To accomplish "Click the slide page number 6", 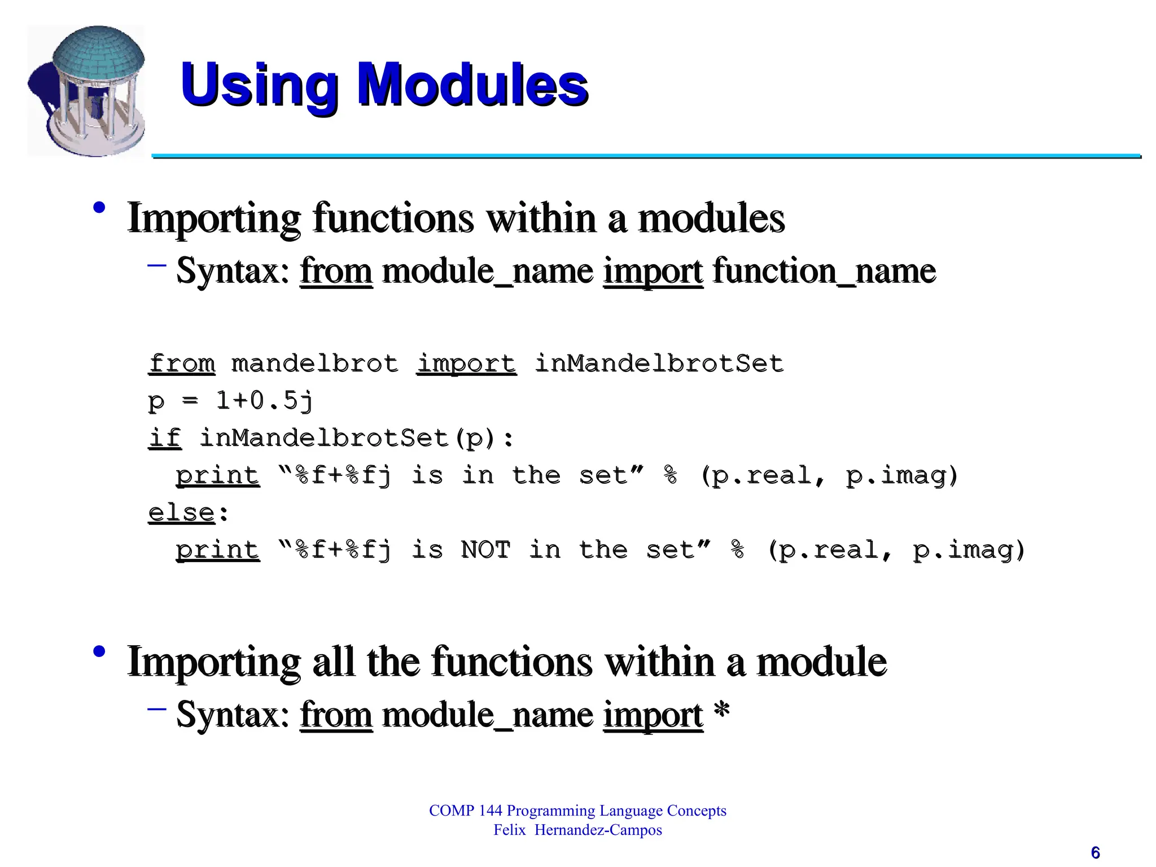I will tap(1095, 852).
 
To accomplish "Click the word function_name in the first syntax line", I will tap(824, 271).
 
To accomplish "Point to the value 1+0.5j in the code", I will tap(264, 401).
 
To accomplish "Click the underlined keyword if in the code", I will tap(165, 438).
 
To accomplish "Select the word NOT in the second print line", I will tap(485, 550).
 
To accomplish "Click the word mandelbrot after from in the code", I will tap(315, 364).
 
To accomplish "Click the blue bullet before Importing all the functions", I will tap(99, 651).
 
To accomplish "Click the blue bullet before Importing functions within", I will tap(99, 207).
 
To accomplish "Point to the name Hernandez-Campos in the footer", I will tap(598, 830).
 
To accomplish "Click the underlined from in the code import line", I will tap(182, 364).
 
